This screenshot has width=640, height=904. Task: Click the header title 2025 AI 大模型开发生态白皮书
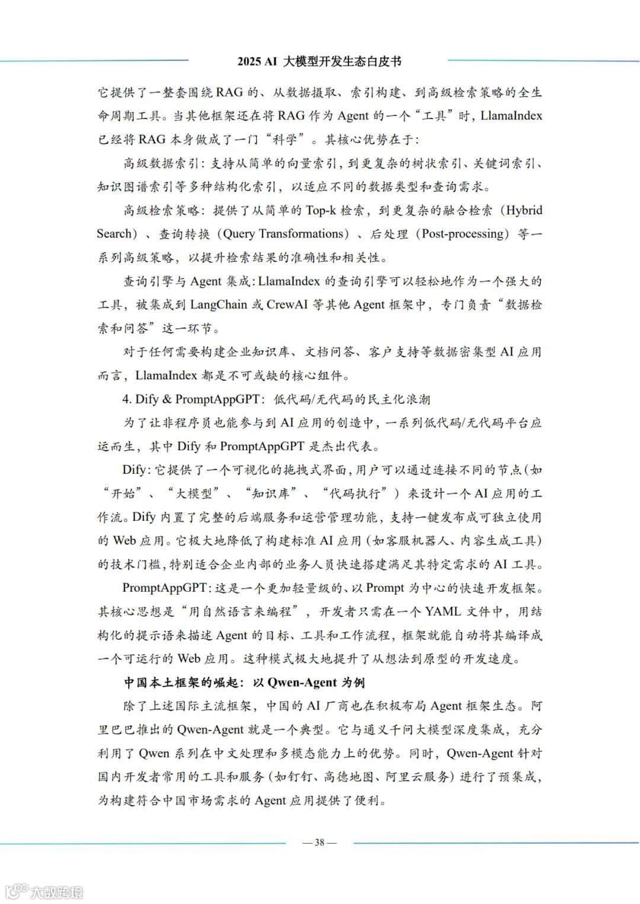coord(319,61)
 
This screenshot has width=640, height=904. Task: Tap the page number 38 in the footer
coord(319,842)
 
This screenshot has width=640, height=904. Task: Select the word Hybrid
coord(524,210)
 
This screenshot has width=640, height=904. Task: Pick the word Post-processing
coord(464,234)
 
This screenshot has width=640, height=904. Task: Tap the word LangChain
coord(219,305)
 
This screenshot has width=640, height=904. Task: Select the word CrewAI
coord(287,305)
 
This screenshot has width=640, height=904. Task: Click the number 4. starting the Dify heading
coord(127,399)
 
